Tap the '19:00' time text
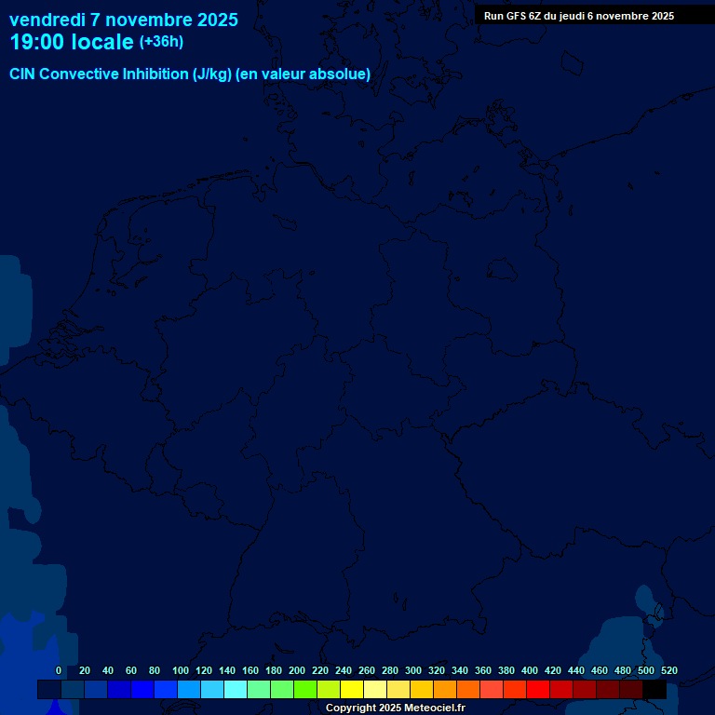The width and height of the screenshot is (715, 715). pyautogui.click(x=36, y=42)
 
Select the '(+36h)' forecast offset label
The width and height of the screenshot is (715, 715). pyautogui.click(x=161, y=42)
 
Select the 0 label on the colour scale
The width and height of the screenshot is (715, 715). pyautogui.click(x=59, y=670)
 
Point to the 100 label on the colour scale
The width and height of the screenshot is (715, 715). pyautogui.click(x=180, y=670)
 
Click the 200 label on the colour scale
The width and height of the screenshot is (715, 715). pyautogui.click(x=296, y=670)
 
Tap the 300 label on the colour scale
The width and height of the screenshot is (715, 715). pyautogui.click(x=412, y=670)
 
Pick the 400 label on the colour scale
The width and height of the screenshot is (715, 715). pyautogui.click(x=529, y=670)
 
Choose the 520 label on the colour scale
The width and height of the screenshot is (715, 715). pyautogui.click(x=668, y=670)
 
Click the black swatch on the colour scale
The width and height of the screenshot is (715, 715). pyautogui.click(x=654, y=689)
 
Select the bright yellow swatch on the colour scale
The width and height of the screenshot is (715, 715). pyautogui.click(x=352, y=689)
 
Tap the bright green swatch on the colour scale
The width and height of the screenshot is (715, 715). pyautogui.click(x=305, y=689)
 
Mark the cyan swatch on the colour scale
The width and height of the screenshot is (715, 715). pyautogui.click(x=236, y=689)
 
